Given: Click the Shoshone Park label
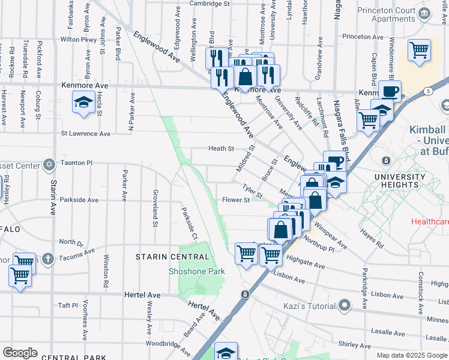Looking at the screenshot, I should click(196, 271).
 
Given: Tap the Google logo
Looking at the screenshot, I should click(20, 353).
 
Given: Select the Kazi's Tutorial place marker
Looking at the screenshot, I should click(344, 307).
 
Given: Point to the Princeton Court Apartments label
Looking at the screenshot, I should click(394, 14).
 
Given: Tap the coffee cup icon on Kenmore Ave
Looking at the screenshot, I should click(390, 91).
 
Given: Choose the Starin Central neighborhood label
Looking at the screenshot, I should click(172, 257).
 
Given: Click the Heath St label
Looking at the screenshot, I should click(220, 148).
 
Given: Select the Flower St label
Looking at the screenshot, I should click(235, 200).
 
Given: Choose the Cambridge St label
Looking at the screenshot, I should click(210, 4).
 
